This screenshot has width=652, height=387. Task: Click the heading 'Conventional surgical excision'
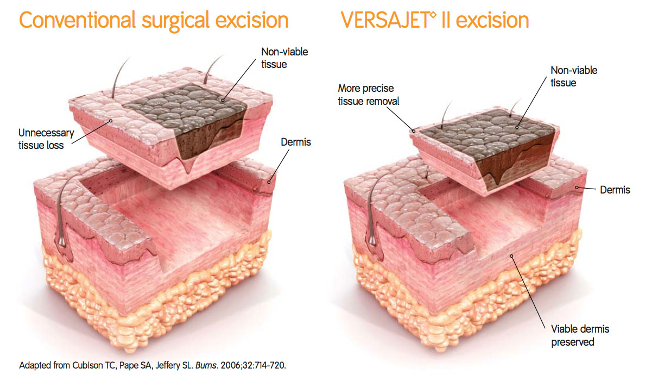(x=154, y=21)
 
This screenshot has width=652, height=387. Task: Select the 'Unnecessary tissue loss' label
(x=46, y=139)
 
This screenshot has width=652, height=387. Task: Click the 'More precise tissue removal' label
(x=368, y=95)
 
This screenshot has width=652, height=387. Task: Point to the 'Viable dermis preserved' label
(x=580, y=335)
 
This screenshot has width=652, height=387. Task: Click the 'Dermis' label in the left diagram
(x=296, y=142)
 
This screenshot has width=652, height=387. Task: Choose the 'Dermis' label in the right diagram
(x=615, y=190)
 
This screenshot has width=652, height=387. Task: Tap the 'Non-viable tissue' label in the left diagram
(x=284, y=58)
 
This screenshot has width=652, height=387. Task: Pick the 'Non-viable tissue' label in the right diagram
(x=574, y=76)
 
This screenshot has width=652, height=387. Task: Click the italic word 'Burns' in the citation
(x=206, y=365)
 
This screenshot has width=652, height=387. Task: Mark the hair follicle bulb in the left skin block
(x=62, y=241)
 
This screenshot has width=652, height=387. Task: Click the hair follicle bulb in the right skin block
(x=372, y=241)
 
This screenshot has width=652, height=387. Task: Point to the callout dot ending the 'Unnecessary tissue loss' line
(x=111, y=121)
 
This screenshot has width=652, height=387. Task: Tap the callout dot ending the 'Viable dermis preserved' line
(x=511, y=256)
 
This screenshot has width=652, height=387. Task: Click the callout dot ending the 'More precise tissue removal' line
(x=414, y=131)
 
